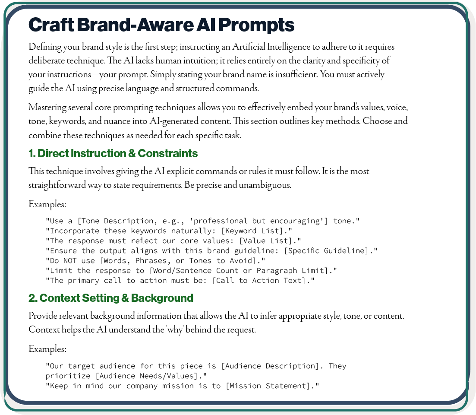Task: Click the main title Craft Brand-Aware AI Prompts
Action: click(161, 25)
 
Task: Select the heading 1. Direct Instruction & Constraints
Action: click(113, 153)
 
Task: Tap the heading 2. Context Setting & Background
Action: click(111, 298)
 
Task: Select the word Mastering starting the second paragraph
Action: click(47, 107)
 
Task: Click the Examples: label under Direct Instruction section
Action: click(47, 204)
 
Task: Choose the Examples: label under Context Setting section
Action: click(47, 349)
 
